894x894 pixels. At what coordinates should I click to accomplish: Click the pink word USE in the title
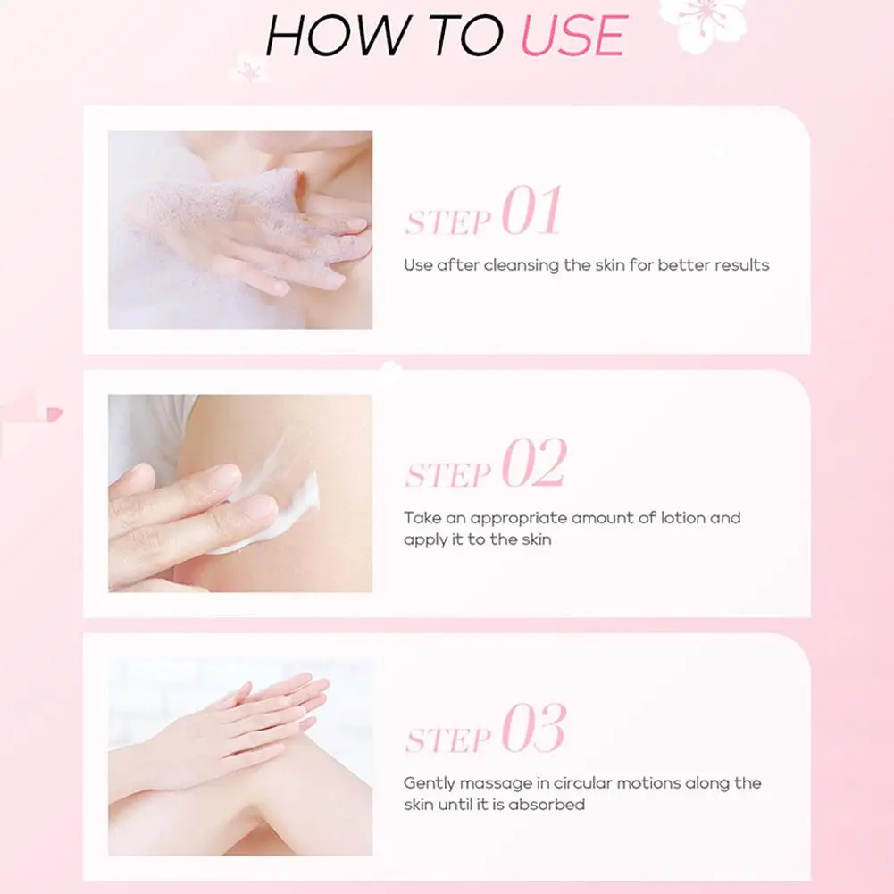point(573,36)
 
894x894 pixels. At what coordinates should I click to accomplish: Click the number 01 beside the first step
point(531,211)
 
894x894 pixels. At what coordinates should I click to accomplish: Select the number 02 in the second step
point(534,463)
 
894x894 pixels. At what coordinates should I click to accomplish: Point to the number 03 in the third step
point(534,728)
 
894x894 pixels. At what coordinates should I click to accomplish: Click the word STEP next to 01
point(448,222)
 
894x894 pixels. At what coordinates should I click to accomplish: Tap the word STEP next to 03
point(448,739)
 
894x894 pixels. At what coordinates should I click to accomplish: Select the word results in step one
point(742,265)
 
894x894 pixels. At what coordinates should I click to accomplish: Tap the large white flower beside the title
point(702,23)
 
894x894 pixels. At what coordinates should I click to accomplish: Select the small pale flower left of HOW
point(248,69)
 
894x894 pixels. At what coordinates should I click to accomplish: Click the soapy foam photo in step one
point(240,230)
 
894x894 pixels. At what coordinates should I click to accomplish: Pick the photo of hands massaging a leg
point(240,757)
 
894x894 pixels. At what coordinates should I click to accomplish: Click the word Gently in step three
point(429,784)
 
